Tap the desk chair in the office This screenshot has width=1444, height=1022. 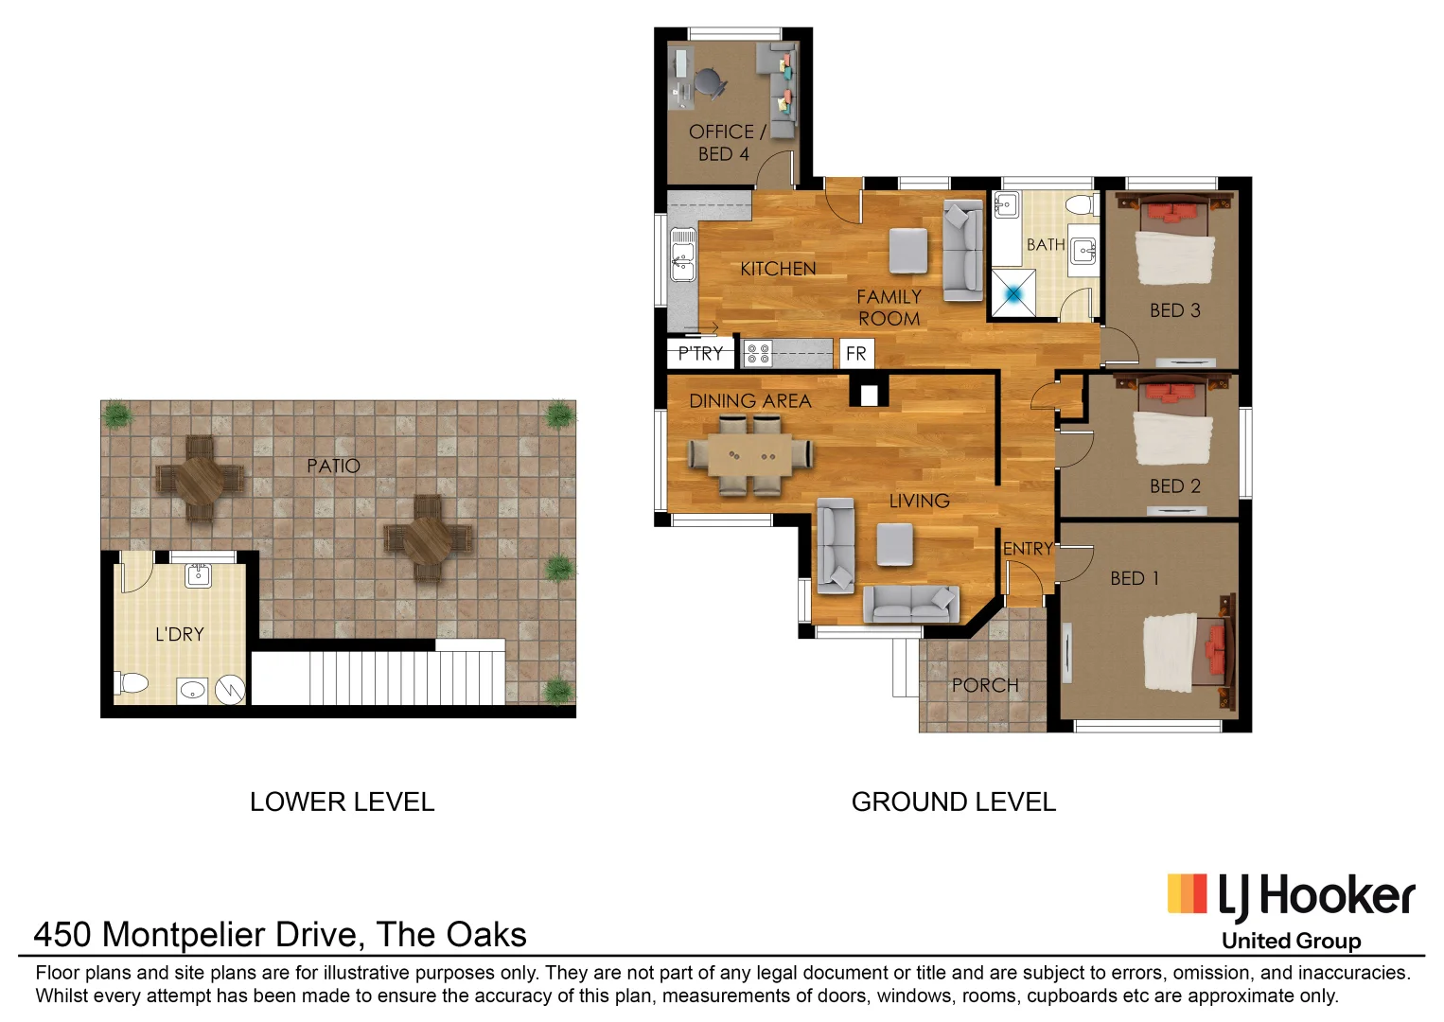coord(709,83)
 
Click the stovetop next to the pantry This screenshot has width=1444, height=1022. coord(758,354)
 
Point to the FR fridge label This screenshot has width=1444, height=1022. coord(855,354)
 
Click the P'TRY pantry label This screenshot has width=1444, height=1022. coord(700,354)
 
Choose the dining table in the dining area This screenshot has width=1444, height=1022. coord(750,455)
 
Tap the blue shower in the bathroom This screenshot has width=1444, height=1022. coord(1013,293)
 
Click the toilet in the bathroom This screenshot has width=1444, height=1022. coord(1080,205)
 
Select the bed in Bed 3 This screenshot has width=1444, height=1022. coord(1174,241)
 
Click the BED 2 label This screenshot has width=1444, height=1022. coord(1174,486)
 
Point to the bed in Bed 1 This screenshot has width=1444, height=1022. coord(1188,652)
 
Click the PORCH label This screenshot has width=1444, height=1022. coord(985,685)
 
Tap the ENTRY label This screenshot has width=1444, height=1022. coord(1028,549)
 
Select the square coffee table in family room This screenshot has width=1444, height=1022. coord(908,251)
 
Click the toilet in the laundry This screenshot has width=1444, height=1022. coord(132,682)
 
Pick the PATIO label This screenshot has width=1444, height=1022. coord(333,466)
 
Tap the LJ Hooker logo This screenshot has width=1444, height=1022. coord(1291,898)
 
